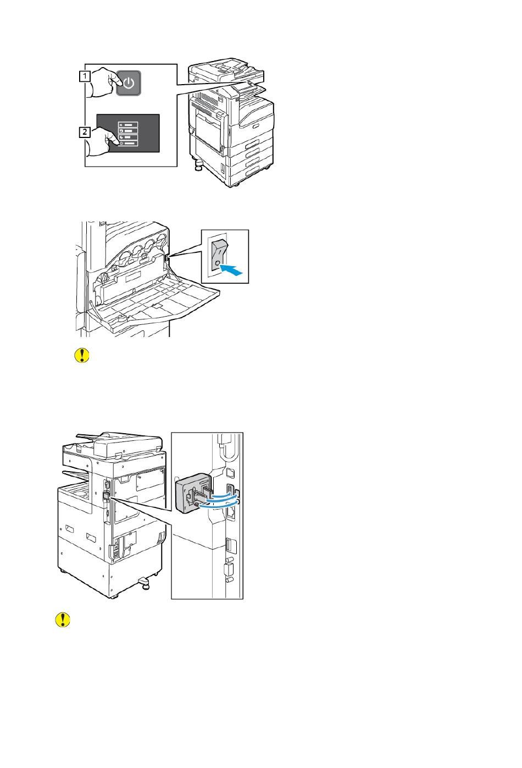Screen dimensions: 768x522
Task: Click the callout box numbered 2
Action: point(85,132)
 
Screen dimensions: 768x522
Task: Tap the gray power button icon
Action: point(129,83)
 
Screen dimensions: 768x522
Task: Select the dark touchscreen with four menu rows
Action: point(129,132)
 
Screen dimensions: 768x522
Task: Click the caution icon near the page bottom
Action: point(64,620)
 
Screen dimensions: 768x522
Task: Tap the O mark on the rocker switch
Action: point(218,263)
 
